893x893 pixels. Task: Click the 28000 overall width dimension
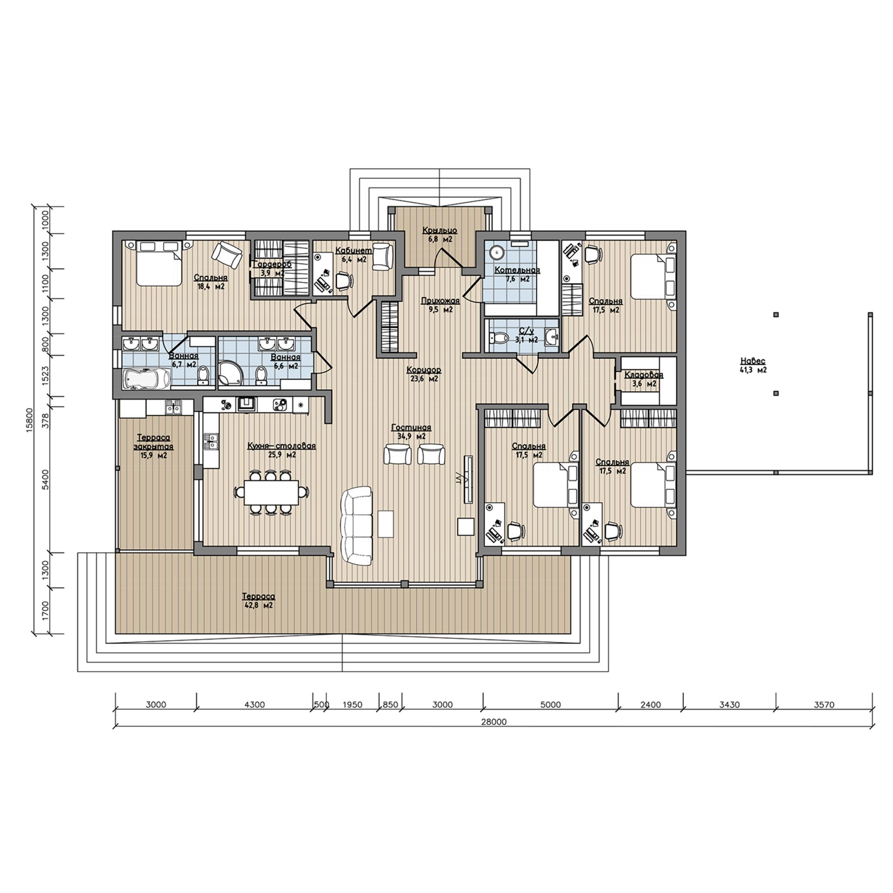(x=494, y=722)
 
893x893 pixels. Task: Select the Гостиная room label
(x=411, y=428)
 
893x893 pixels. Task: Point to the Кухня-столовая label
(x=281, y=446)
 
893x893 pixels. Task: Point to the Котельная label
(x=517, y=270)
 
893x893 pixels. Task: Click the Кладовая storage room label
(x=643, y=375)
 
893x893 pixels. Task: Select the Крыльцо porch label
(x=440, y=230)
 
